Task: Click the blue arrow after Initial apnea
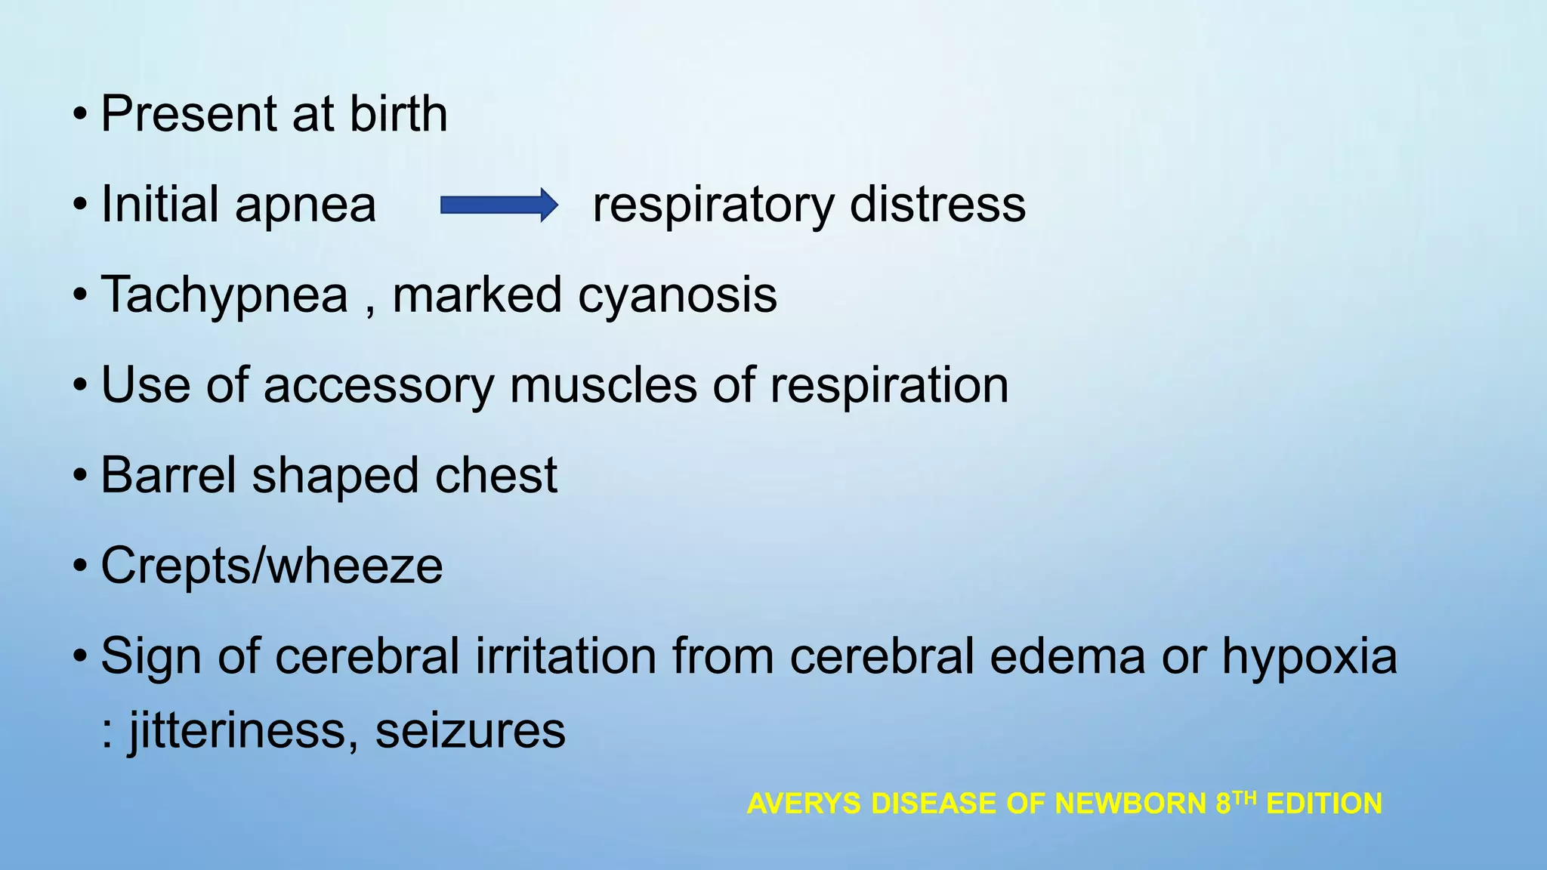(x=499, y=205)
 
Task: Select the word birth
(x=398, y=114)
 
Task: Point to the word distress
(x=937, y=205)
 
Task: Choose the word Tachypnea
(x=224, y=295)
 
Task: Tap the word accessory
(x=378, y=385)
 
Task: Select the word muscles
(x=604, y=385)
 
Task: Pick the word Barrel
(x=168, y=476)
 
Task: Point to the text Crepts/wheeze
(x=271, y=566)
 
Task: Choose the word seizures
(x=470, y=731)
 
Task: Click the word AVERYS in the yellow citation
(x=804, y=804)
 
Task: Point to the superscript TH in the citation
(x=1245, y=797)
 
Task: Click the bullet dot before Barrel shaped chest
(x=80, y=477)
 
